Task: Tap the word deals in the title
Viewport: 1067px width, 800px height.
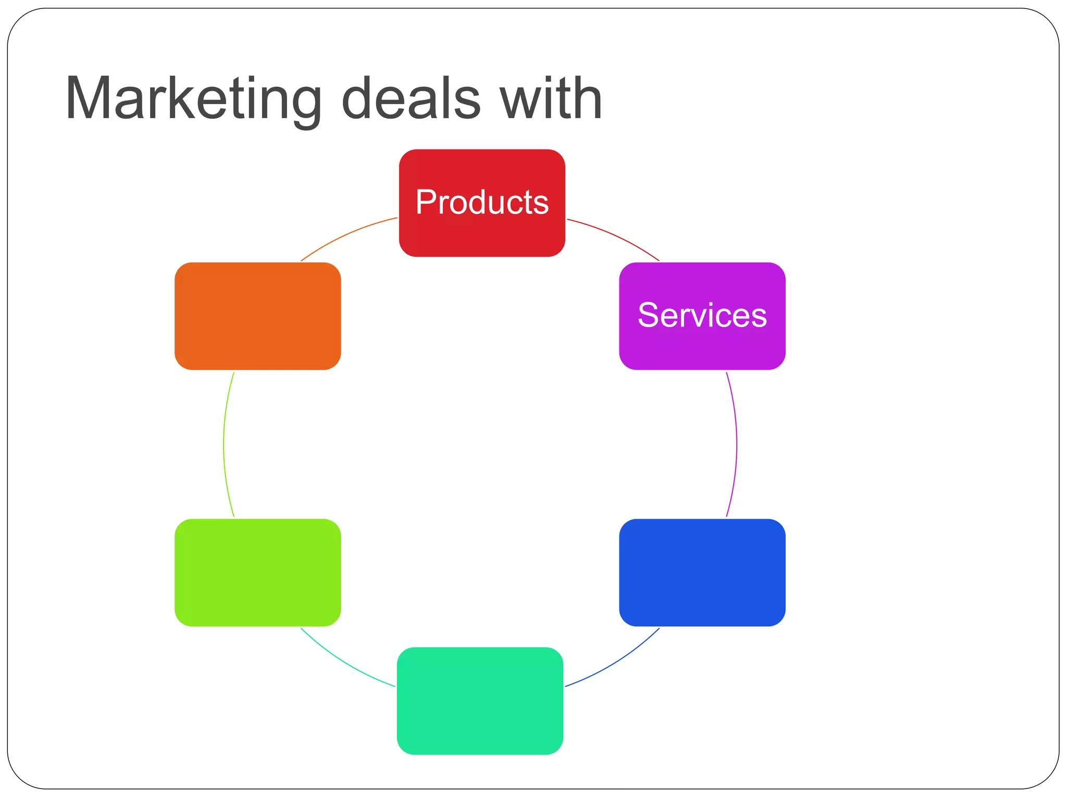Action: point(411,99)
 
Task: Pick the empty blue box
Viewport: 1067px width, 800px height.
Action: point(702,572)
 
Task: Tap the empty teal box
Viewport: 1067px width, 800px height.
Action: point(480,701)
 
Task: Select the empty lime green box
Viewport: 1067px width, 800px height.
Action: point(258,572)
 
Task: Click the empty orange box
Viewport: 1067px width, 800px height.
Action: point(258,316)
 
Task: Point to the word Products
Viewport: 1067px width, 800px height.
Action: point(482,202)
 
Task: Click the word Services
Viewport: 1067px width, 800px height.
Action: point(702,315)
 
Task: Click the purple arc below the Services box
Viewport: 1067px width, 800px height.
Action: point(736,444)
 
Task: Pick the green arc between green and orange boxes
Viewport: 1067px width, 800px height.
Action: point(224,444)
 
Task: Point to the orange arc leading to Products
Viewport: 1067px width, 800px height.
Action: point(346,235)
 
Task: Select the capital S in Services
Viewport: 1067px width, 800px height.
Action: point(648,315)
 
